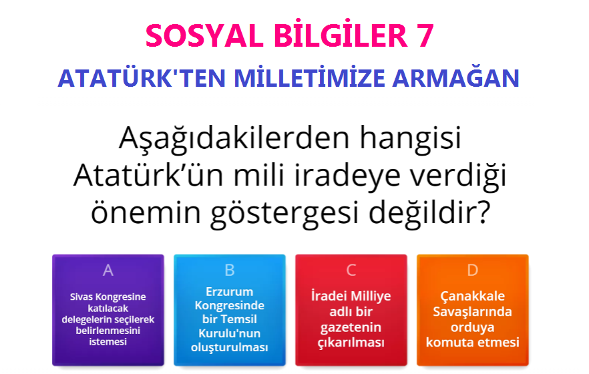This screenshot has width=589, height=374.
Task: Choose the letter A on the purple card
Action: pyautogui.click(x=108, y=270)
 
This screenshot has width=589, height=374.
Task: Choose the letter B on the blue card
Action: pyautogui.click(x=230, y=270)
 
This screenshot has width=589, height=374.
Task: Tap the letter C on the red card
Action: pyautogui.click(x=351, y=270)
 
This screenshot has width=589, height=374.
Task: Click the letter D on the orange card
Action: pyautogui.click(x=473, y=270)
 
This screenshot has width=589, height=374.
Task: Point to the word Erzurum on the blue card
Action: pyautogui.click(x=230, y=291)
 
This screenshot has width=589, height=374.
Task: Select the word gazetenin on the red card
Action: pyautogui.click(x=351, y=327)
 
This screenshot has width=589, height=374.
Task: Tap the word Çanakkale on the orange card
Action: pyautogui.click(x=473, y=295)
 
